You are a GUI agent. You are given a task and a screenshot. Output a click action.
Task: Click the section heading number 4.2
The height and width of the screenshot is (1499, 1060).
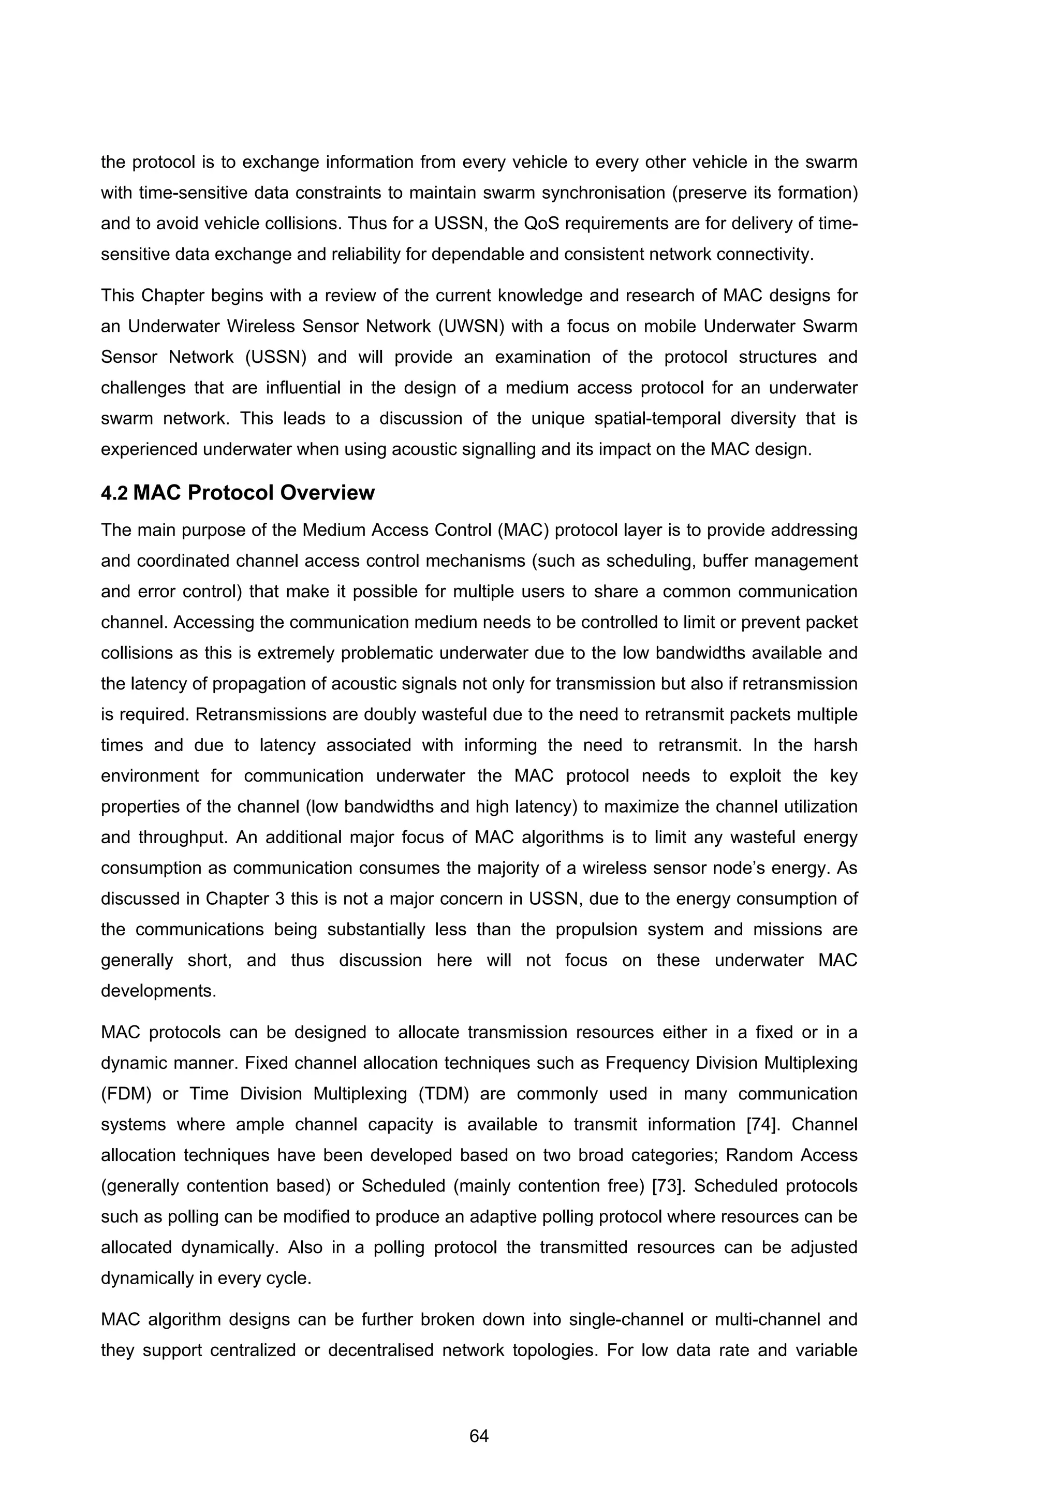[x=114, y=493]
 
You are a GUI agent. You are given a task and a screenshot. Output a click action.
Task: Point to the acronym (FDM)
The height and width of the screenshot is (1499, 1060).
[x=127, y=1094]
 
